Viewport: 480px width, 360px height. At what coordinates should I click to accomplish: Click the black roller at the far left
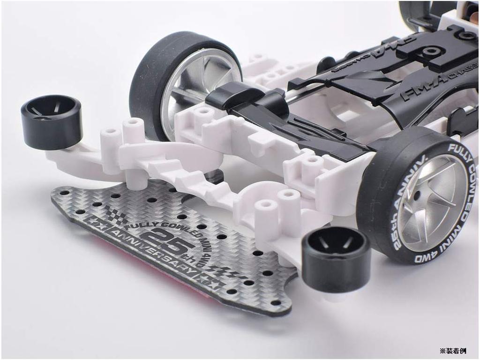point(51,121)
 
